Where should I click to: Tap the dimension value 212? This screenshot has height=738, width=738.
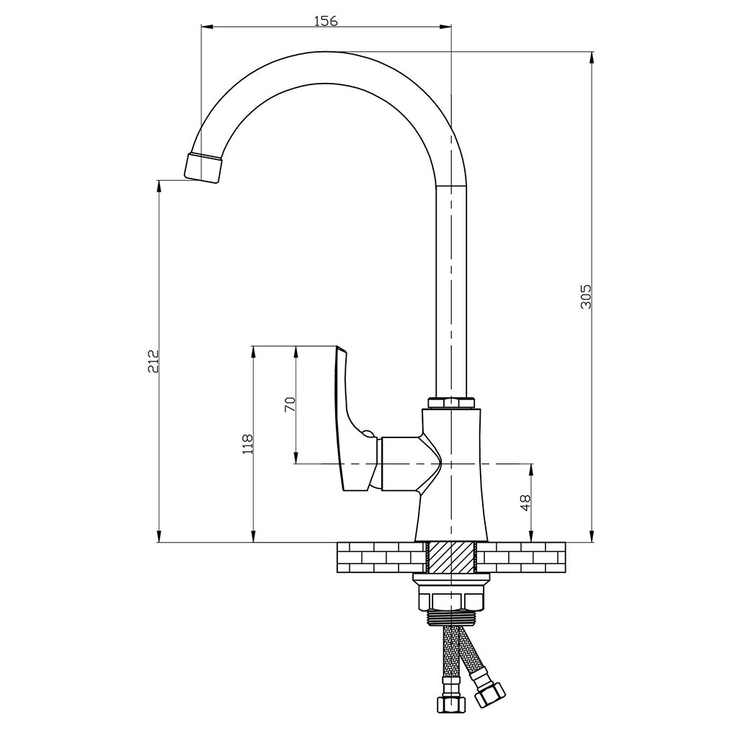click(153, 360)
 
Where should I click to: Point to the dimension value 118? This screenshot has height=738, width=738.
click(247, 444)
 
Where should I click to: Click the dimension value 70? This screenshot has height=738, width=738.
click(290, 404)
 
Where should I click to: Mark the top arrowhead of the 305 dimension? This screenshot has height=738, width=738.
click(592, 56)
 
